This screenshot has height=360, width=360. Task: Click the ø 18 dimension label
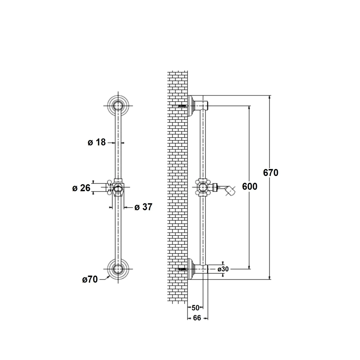click(97, 142)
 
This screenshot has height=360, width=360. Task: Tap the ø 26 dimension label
click(82, 188)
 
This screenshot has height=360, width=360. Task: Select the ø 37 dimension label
click(143, 207)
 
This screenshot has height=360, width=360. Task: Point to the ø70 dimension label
click(90, 279)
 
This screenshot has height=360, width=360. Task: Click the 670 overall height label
click(271, 173)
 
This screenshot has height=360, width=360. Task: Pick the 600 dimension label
click(250, 186)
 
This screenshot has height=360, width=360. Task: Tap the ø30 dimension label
click(223, 269)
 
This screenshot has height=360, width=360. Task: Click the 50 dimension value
click(195, 307)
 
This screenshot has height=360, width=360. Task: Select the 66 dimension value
click(197, 318)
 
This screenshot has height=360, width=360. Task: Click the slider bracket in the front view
click(116, 188)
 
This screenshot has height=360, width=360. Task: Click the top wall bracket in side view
click(197, 106)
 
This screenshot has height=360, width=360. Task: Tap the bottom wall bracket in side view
click(197, 269)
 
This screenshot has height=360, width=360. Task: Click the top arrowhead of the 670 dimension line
click(270, 97)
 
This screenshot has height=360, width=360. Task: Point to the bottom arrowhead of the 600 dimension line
click(249, 267)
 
